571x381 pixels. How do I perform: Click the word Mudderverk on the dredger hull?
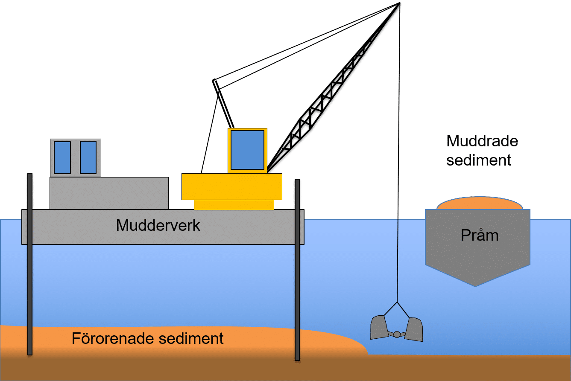[x=158, y=226]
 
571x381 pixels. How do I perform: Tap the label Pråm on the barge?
[x=480, y=235]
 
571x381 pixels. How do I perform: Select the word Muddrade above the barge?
[x=482, y=141]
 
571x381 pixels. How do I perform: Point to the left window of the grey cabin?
[x=62, y=157]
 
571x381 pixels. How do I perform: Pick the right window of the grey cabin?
[x=88, y=157]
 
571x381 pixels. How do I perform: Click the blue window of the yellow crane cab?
[x=247, y=150]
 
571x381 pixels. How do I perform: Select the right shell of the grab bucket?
[x=414, y=329]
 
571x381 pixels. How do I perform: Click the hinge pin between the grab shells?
[x=397, y=334]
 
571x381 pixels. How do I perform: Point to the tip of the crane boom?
[x=399, y=5]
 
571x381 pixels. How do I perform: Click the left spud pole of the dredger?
[x=30, y=265]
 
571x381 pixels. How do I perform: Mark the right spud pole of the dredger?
[x=297, y=269]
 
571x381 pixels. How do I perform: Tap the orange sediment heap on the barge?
[x=480, y=204]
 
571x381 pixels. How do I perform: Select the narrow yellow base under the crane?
[x=234, y=205]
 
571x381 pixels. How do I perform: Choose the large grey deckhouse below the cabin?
[x=109, y=193]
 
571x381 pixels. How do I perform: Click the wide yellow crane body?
[x=231, y=186]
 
